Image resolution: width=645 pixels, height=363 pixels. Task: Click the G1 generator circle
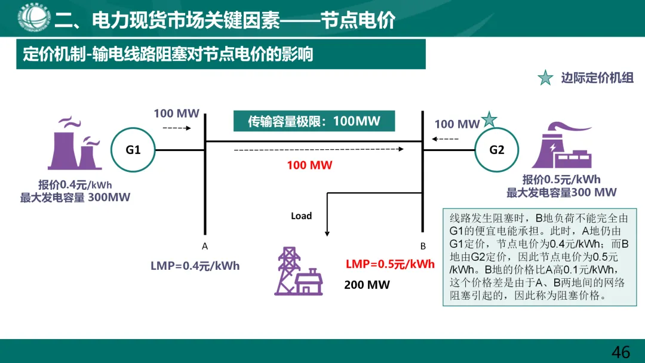(133, 150)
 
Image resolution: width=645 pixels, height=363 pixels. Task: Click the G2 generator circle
(496, 150)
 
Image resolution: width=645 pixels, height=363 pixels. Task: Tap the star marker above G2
(489, 119)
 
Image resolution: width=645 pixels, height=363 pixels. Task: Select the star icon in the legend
(545, 78)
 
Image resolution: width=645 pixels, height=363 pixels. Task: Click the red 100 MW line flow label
(309, 165)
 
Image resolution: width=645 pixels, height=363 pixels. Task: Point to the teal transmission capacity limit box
(314, 121)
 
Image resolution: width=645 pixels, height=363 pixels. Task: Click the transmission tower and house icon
(298, 272)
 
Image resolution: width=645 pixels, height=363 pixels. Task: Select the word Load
(301, 216)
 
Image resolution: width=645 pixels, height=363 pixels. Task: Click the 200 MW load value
(367, 285)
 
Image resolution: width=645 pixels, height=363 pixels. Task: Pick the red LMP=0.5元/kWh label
(390, 264)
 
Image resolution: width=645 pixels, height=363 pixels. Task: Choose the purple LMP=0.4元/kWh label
(195, 266)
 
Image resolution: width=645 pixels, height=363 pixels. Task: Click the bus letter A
(205, 246)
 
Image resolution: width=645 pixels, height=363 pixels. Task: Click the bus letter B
(423, 246)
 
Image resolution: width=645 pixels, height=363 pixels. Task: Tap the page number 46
(621, 352)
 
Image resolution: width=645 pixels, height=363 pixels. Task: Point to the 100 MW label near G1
(176, 113)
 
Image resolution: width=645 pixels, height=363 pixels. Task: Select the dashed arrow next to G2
(446, 139)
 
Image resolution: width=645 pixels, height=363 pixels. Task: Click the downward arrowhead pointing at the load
(327, 232)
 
